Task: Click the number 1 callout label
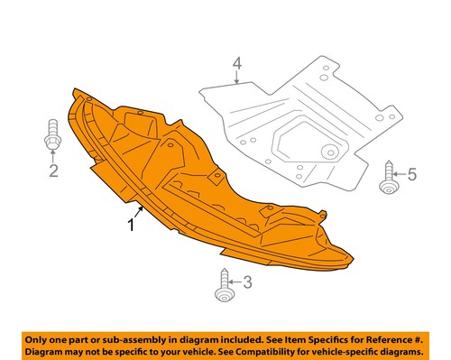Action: [131, 225]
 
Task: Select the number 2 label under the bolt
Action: [53, 171]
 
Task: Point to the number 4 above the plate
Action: [237, 64]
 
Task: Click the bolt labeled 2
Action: [52, 141]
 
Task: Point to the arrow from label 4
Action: [236, 78]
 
